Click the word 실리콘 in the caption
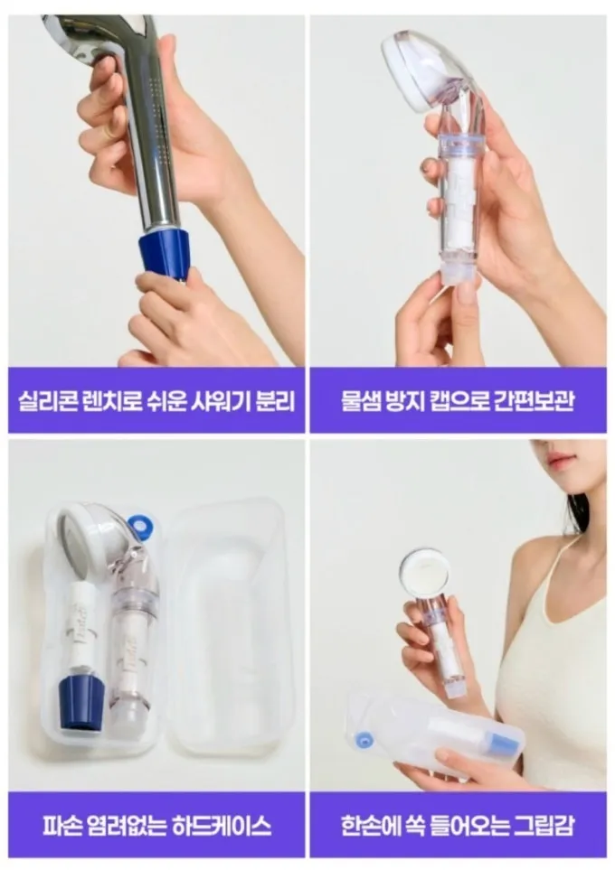pyautogui.click(x=46, y=400)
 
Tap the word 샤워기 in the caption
pyautogui.click(x=221, y=400)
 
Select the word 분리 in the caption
pyautogui.click(x=275, y=400)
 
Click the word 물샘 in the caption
pyautogui.click(x=359, y=400)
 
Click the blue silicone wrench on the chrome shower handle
pyautogui.click(x=165, y=252)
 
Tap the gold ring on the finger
pyautogui.click(x=111, y=132)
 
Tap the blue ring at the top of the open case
pyautogui.click(x=137, y=523)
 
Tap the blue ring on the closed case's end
pyautogui.click(x=364, y=740)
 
